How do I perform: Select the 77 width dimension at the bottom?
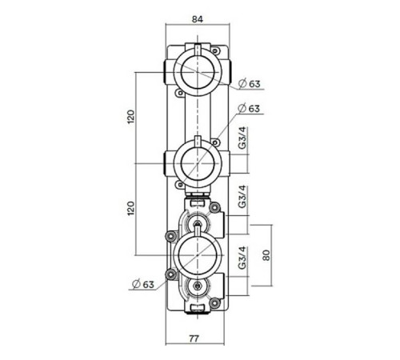point(194,338)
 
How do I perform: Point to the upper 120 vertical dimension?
point(130,118)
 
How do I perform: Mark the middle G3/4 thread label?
point(242,197)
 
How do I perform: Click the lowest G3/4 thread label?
point(242,262)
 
